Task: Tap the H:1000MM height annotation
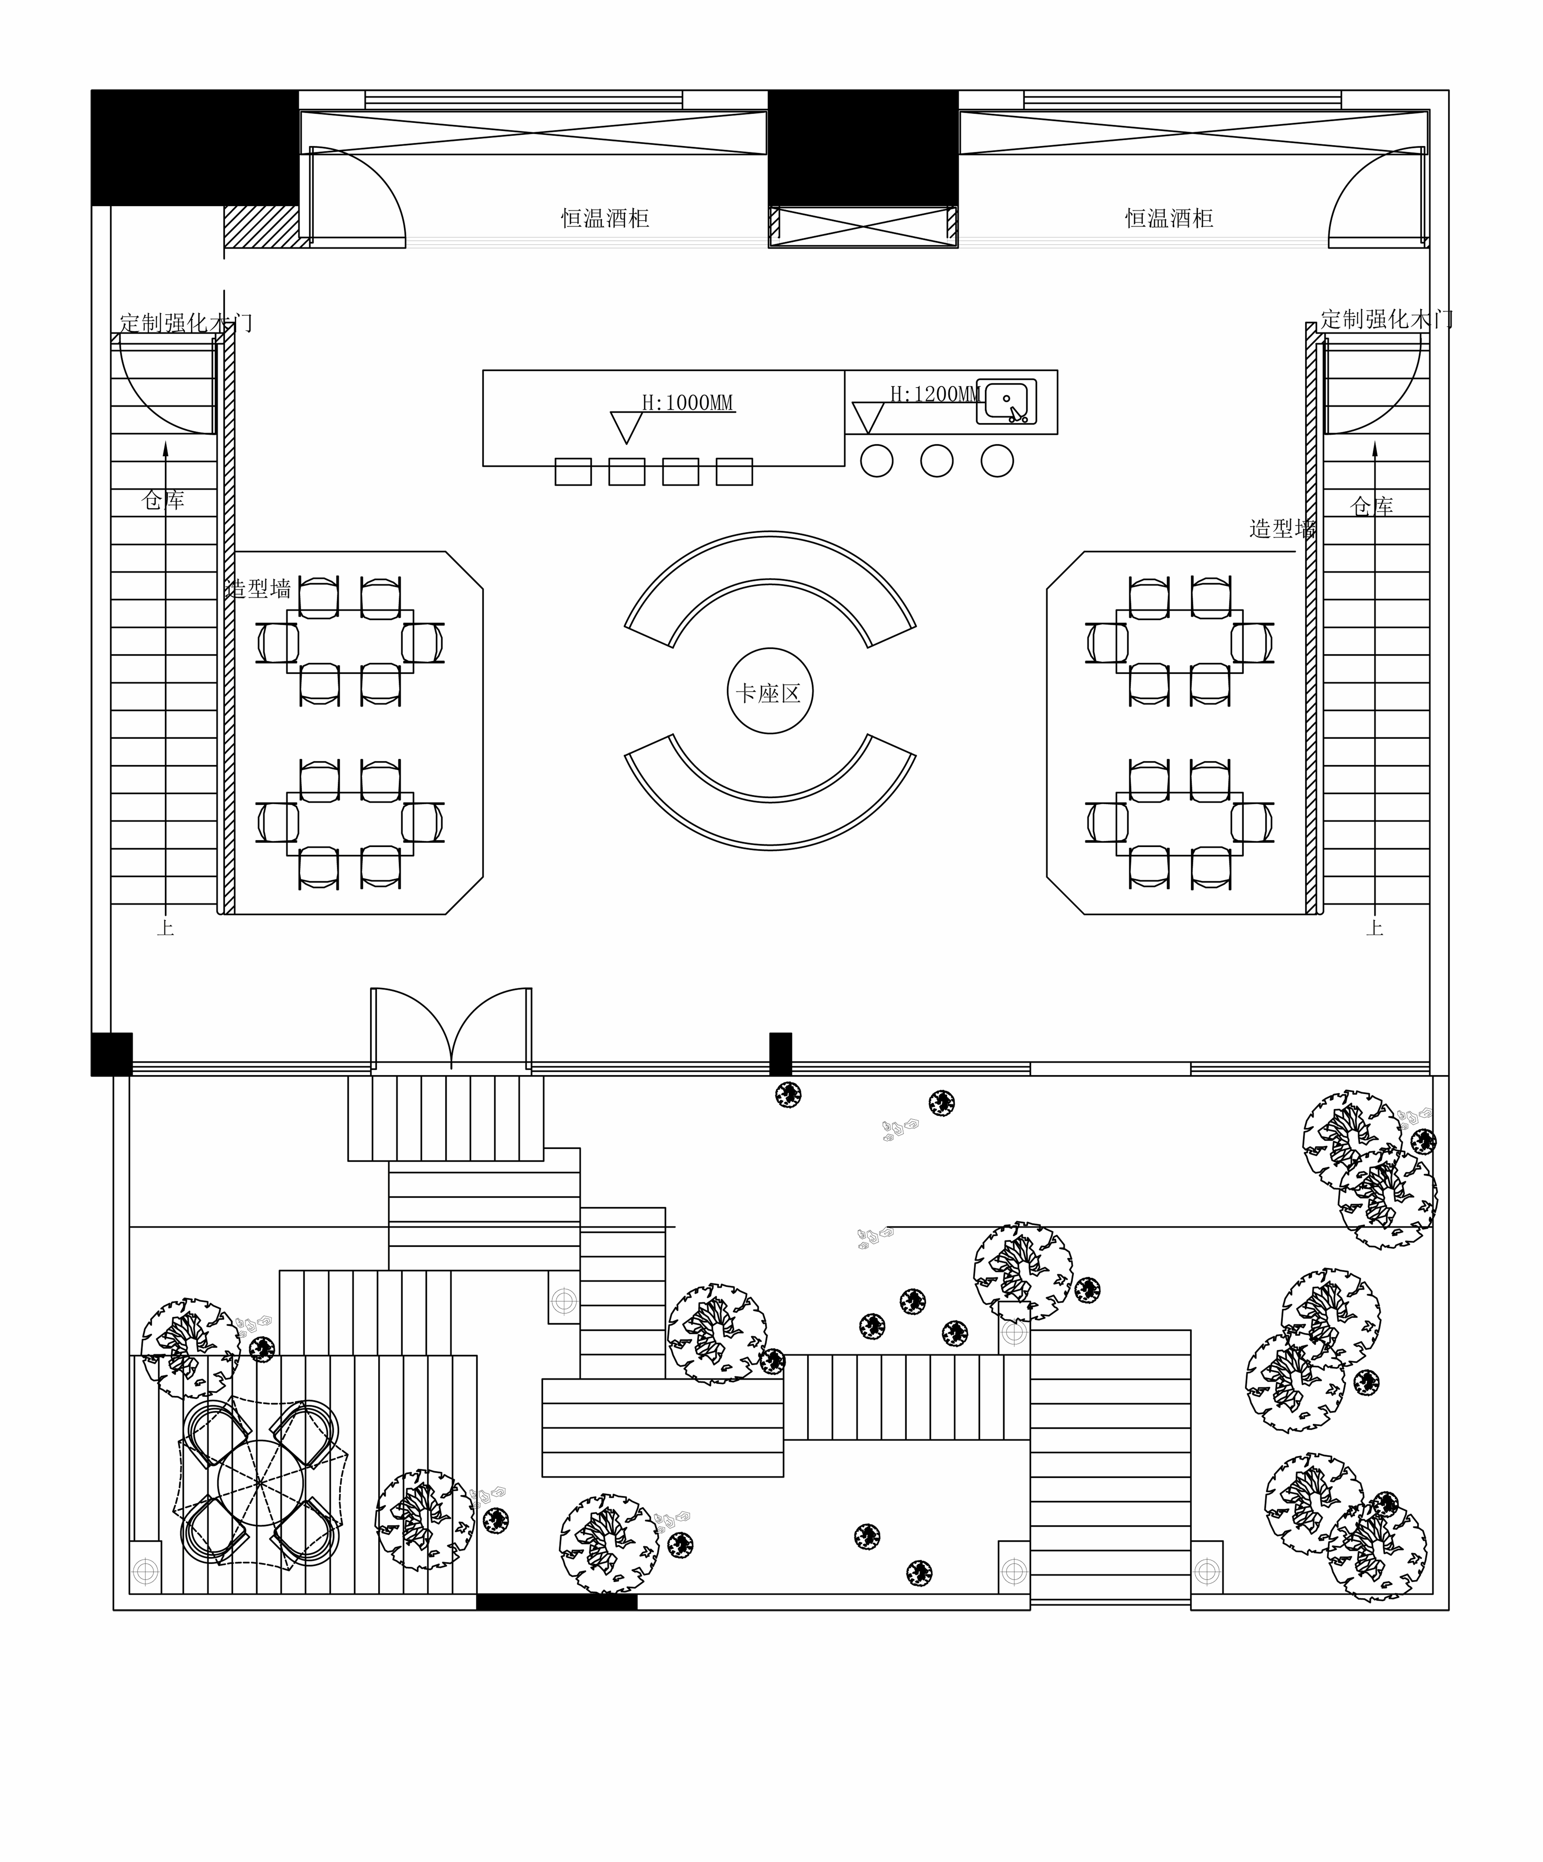[688, 403]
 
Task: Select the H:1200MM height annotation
[935, 394]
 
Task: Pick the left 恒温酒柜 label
[605, 218]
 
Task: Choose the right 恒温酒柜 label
[1169, 218]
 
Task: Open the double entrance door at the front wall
[451, 1029]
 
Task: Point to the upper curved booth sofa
[770, 590]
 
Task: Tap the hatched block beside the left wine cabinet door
[261, 227]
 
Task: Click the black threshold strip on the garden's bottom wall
[556, 1601]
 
